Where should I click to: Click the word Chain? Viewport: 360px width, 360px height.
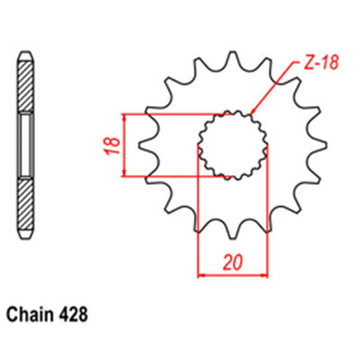[x=28, y=314]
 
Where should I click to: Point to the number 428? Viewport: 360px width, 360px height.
[x=72, y=314]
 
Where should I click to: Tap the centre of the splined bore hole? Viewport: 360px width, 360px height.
[x=232, y=145]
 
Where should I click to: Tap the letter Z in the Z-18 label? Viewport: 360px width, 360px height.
[x=301, y=64]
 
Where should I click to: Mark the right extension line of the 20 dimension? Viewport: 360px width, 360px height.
[x=267, y=216]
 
